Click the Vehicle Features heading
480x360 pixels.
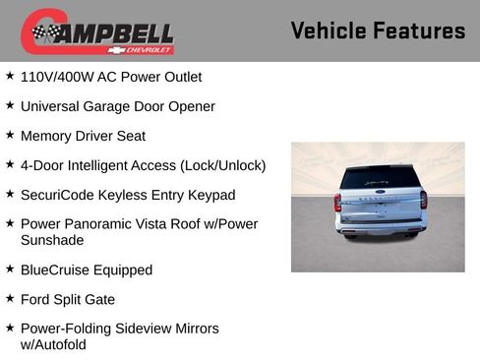[378, 30]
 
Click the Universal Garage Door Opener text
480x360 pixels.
[117, 105]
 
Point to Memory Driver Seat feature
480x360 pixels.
[83, 135]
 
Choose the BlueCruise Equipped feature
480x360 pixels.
[87, 270]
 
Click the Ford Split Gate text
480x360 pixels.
[68, 299]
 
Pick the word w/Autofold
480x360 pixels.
[53, 344]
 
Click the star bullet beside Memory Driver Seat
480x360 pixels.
[10, 134]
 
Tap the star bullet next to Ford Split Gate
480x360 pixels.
[10, 298]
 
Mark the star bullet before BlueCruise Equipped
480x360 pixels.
[10, 269]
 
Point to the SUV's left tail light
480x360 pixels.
[337, 203]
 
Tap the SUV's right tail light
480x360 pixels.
[422, 201]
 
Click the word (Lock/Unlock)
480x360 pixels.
[223, 164]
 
